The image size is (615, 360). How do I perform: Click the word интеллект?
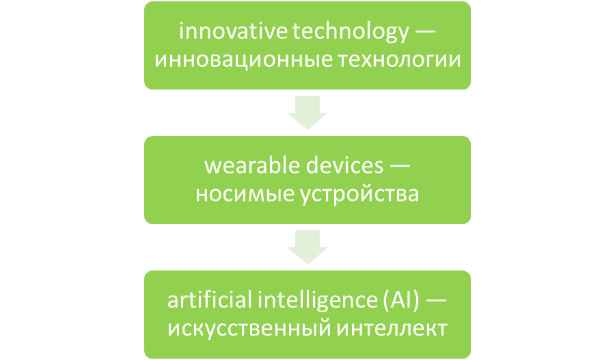tap(389, 328)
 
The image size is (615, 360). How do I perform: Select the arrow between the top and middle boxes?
tap(307, 112)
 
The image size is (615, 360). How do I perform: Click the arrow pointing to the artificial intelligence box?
tap(307, 247)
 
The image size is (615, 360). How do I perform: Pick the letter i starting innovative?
tap(179, 31)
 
